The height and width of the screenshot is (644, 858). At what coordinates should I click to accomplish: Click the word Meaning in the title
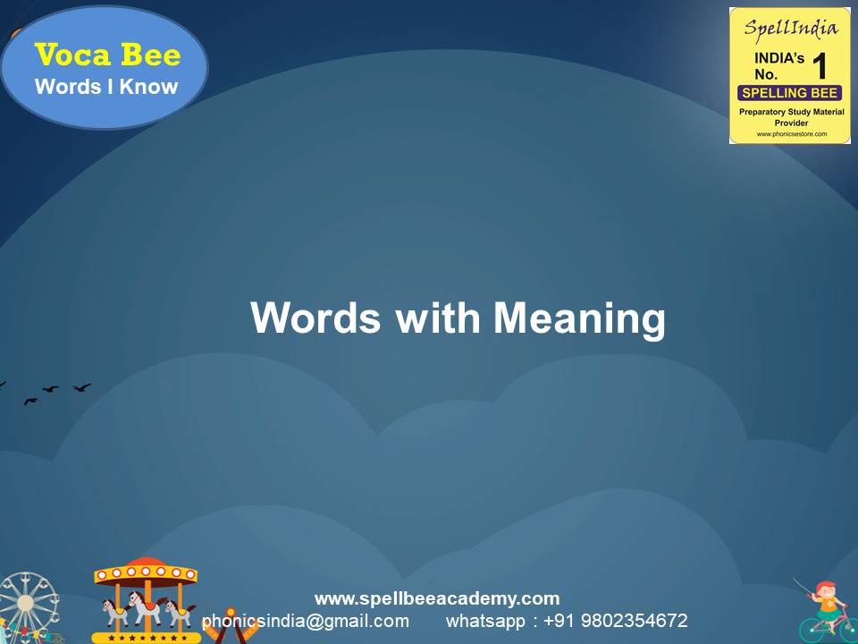tap(579, 319)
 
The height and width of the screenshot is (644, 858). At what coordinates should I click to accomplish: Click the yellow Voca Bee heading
tap(107, 55)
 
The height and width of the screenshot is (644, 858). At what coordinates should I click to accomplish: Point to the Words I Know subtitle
tap(106, 87)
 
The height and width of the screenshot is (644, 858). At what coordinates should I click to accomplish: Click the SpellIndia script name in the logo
tap(790, 28)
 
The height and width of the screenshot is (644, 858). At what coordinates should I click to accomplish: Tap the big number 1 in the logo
tap(819, 66)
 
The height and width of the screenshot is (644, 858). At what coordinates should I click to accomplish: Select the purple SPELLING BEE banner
tap(789, 93)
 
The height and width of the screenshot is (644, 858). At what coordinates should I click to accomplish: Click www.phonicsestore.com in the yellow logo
tap(790, 134)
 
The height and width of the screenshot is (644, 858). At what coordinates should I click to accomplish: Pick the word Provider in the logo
tap(790, 123)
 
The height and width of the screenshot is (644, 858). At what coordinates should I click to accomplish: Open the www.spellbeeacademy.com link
tap(437, 598)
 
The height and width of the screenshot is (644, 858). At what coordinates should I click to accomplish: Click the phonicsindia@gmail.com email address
tap(306, 621)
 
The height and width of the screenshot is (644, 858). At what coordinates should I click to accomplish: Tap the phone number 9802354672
tap(635, 621)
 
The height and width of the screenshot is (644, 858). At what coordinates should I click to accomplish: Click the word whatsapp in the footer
tap(486, 621)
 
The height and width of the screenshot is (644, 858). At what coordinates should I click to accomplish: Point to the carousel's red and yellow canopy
tap(145, 572)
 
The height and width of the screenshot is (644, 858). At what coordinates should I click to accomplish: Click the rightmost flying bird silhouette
tap(82, 387)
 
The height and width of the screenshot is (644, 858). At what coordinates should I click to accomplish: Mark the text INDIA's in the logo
tap(773, 58)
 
